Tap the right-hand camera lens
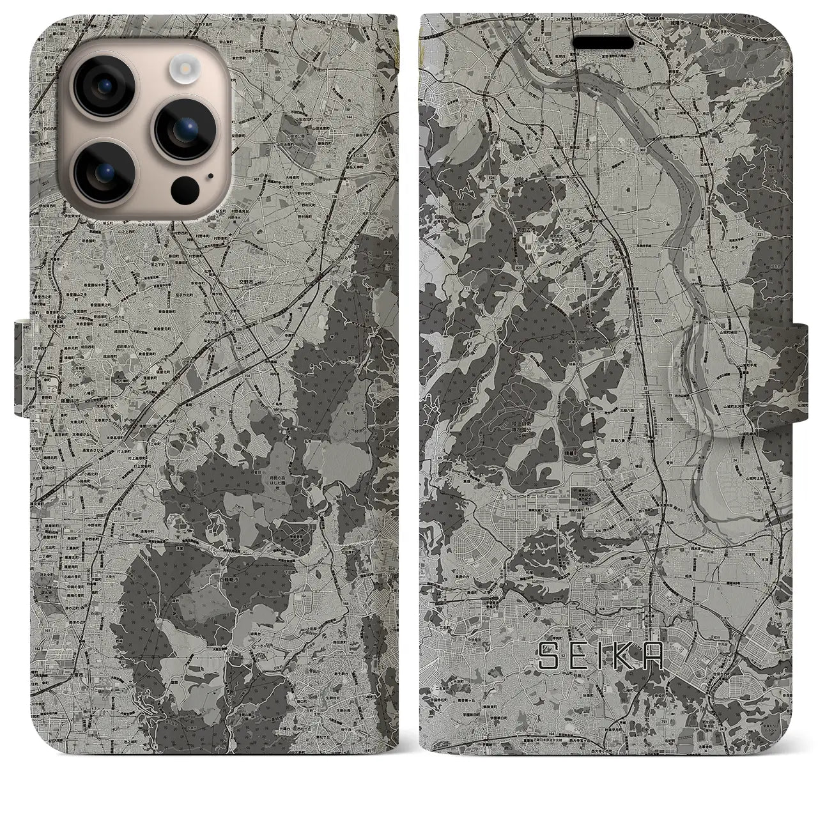coord(180,127)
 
